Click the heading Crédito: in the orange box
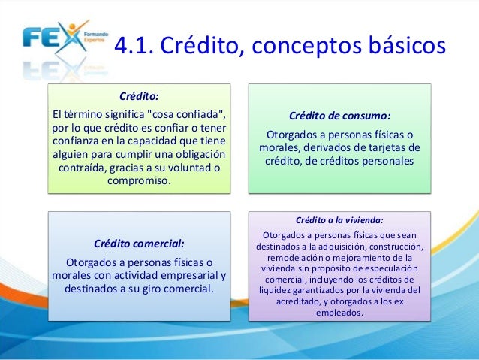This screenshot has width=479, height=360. coord(139,96)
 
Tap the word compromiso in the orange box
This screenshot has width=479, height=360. coord(139,181)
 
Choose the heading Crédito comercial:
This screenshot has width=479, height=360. coord(139,244)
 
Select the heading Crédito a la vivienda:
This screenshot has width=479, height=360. coord(339,220)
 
